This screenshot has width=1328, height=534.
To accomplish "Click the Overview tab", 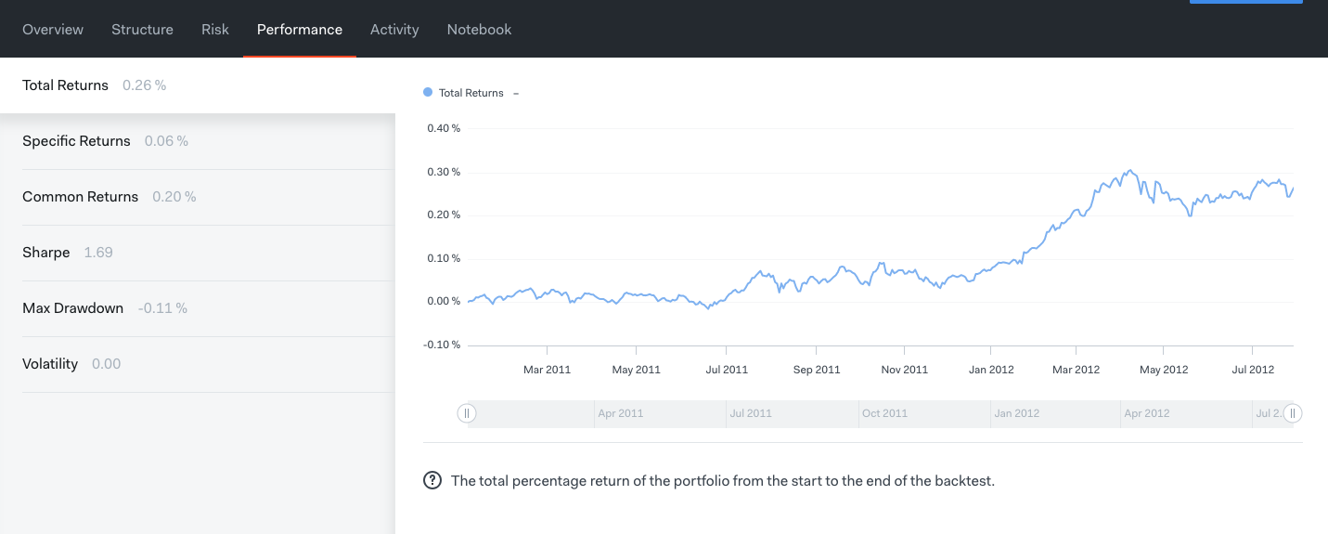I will pos(53,30).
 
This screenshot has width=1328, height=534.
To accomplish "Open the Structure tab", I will pos(142,30).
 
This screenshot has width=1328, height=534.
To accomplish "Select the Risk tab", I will pos(214,30).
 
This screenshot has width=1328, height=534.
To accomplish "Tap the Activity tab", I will pos(394,30).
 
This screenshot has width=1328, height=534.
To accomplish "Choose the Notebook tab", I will pos(479,30).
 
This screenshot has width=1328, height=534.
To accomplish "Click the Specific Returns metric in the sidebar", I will pos(76,141).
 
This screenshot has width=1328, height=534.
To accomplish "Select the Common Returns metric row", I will pos(80,197).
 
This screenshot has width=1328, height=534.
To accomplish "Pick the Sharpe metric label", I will pos(46,253).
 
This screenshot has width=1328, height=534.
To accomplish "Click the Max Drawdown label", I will pos(72,308).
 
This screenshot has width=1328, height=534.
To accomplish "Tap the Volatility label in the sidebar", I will pos(50,364).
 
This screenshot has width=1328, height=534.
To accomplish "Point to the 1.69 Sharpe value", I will pos(98,253).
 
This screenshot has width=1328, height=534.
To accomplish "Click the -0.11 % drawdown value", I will pos(162,308).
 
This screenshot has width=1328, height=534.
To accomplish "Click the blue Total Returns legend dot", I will pos(428,93).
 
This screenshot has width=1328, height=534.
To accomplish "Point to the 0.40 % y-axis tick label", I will pos(444,128).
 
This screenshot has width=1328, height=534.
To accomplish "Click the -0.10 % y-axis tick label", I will pos(443,345).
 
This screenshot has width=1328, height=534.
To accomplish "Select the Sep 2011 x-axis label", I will pos(816,370).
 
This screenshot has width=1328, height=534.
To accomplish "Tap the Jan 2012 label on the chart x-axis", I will pos(990,370).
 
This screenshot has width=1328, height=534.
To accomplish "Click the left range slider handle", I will pos(467,413).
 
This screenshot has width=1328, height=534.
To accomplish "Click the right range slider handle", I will pos(1293,413).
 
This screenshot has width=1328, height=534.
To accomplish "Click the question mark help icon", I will pos(432,481).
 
